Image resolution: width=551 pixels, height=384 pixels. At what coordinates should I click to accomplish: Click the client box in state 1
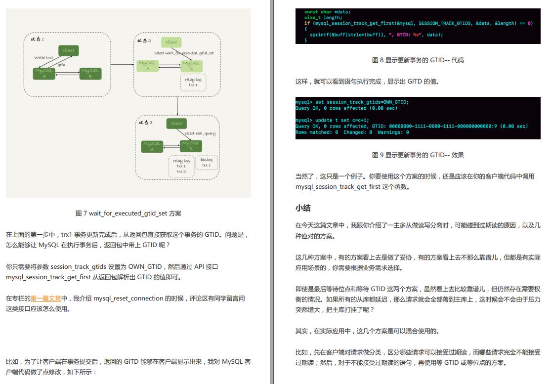point(69,50)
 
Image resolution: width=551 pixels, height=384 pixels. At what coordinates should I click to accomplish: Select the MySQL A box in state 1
point(44,74)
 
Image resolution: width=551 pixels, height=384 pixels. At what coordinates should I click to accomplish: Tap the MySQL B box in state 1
point(90,74)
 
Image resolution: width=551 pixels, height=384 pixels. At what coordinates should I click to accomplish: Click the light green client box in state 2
point(171,42)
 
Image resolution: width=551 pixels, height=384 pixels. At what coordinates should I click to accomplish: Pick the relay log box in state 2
point(193,82)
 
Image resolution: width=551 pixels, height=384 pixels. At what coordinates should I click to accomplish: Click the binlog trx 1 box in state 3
point(207,162)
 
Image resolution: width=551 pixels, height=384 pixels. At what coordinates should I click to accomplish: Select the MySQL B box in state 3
point(191,146)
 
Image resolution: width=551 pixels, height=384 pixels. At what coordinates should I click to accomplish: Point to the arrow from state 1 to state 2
point(122,65)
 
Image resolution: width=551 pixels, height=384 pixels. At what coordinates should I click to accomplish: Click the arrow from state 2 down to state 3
point(177,106)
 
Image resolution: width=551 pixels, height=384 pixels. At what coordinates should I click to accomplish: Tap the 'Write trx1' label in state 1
point(43,57)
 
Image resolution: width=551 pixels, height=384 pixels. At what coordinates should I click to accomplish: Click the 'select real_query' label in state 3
point(200,133)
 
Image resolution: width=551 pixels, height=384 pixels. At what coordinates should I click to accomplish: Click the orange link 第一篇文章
point(45,299)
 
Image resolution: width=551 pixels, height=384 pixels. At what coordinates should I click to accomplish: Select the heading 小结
point(303,208)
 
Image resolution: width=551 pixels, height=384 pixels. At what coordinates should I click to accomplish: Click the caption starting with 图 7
point(128,213)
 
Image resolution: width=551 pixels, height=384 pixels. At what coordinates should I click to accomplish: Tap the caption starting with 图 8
point(418,60)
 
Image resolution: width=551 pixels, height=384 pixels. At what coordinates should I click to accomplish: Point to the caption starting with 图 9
point(418,155)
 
